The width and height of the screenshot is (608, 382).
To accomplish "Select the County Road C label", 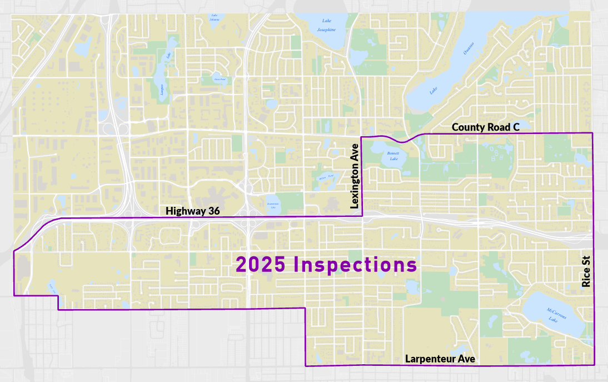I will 485,127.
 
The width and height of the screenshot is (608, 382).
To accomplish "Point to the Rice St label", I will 586,275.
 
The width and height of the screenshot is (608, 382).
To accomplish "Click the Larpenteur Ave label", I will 440,359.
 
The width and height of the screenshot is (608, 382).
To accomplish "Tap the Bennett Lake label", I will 393,156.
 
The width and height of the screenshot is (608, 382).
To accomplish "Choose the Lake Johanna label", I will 215,17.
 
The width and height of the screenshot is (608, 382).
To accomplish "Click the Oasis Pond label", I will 220,80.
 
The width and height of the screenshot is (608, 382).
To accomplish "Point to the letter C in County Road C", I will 516,127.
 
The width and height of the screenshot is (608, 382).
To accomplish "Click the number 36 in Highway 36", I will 213,211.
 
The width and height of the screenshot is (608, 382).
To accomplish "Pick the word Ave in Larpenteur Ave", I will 466,359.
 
